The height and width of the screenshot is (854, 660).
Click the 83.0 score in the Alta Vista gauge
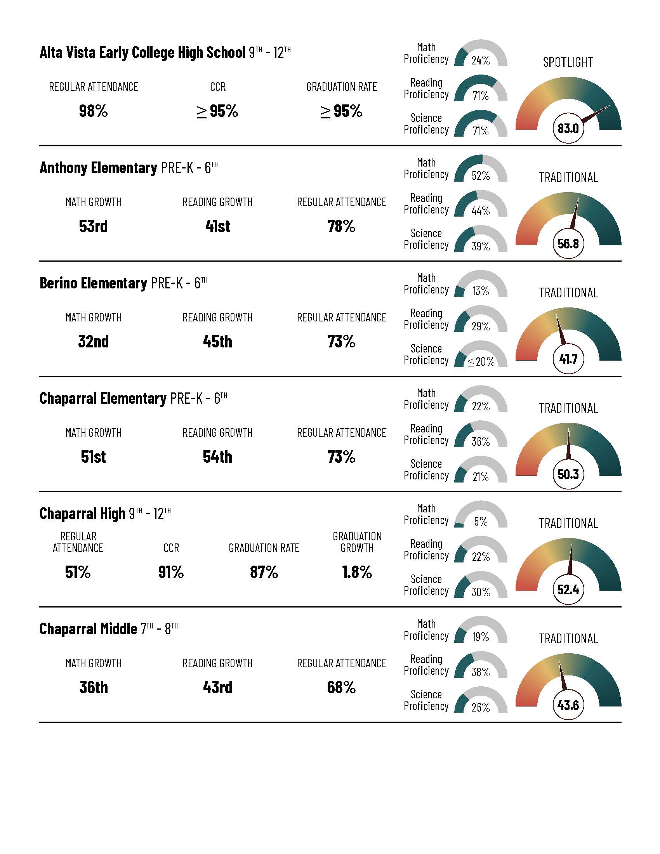[568, 128]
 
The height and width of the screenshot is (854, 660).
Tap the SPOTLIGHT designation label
[568, 62]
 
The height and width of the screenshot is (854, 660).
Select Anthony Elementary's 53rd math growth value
[93, 226]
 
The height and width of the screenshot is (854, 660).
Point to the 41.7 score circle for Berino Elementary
[568, 359]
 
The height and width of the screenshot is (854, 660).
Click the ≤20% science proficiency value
[481, 361]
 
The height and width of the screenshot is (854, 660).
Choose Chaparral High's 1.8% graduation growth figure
[357, 572]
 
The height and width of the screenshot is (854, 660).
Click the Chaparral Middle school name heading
[89, 629]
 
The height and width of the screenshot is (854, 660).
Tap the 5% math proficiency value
[481, 522]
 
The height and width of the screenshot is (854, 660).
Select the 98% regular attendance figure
[93, 111]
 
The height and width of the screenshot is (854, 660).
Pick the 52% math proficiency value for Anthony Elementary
[481, 175]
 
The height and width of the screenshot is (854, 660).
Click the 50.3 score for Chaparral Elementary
[568, 474]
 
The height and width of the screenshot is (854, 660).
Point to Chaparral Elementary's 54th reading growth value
[217, 457]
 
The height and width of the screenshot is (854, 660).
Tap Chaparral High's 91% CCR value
[171, 572]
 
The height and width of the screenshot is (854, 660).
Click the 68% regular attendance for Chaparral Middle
[341, 687]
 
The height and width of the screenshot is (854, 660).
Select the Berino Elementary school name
[93, 283]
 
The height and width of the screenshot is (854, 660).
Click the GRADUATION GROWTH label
[357, 542]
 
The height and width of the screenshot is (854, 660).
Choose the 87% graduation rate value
[264, 572]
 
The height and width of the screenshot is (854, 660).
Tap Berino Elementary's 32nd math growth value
[93, 341]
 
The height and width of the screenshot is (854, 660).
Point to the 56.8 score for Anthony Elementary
[568, 244]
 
